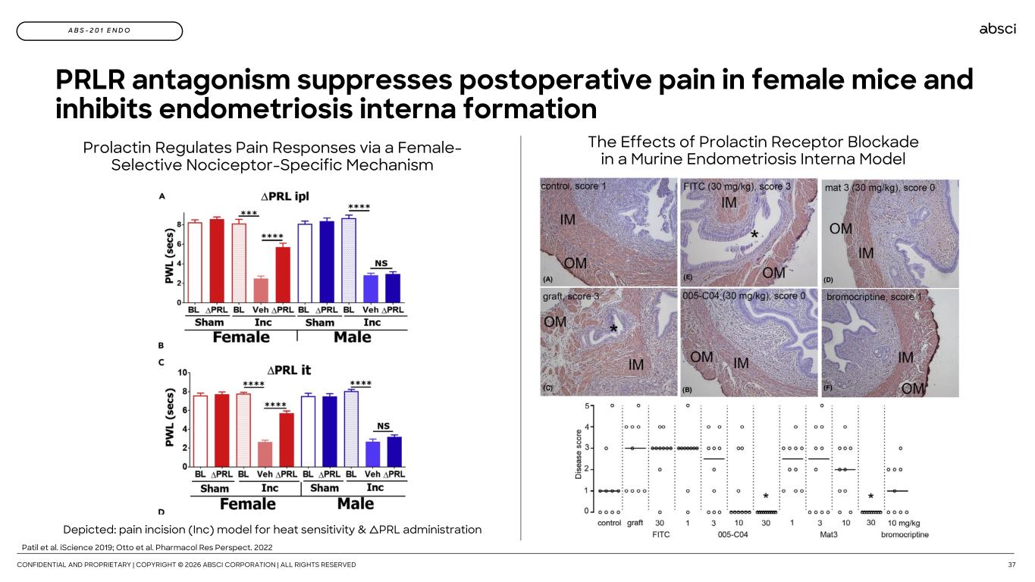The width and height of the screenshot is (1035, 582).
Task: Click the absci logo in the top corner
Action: (x=997, y=29)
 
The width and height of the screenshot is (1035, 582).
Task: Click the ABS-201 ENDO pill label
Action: (x=99, y=31)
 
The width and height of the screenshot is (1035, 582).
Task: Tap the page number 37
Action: (x=1011, y=565)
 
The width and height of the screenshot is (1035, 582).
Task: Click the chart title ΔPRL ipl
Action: (x=284, y=196)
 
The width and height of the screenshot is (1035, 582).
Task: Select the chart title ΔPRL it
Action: (x=289, y=370)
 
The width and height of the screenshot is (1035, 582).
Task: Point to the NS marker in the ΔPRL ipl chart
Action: (x=381, y=263)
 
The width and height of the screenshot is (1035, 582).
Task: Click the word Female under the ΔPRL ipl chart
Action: (x=240, y=337)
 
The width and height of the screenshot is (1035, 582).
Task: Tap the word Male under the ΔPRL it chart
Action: (x=356, y=503)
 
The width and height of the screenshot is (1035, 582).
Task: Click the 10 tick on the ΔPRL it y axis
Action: (x=183, y=373)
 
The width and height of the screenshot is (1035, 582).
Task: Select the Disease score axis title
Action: (x=578, y=454)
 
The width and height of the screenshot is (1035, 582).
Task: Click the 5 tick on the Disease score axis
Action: (x=587, y=405)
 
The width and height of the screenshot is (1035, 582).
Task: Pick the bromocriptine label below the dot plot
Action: (x=905, y=534)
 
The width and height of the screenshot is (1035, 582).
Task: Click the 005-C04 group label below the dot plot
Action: (x=732, y=534)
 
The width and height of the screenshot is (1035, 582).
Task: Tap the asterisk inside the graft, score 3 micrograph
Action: (x=613, y=329)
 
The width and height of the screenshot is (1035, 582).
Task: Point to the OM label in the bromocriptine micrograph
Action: (x=912, y=389)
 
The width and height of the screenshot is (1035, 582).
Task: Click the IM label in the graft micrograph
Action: (x=635, y=365)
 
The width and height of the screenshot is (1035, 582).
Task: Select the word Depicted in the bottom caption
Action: (x=89, y=530)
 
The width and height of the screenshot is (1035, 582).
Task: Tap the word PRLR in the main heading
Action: (x=90, y=79)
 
